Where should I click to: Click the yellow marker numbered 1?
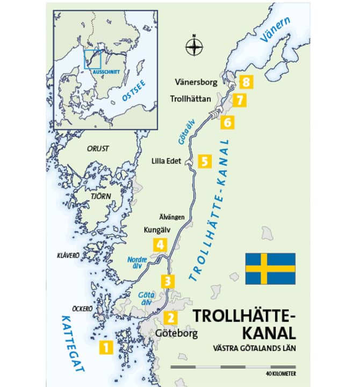105,347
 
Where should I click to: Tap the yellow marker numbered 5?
204,161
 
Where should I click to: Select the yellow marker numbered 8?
246,82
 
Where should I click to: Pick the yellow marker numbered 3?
168,281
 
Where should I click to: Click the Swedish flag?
270,269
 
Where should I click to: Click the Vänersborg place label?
198,82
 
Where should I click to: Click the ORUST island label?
98,148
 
